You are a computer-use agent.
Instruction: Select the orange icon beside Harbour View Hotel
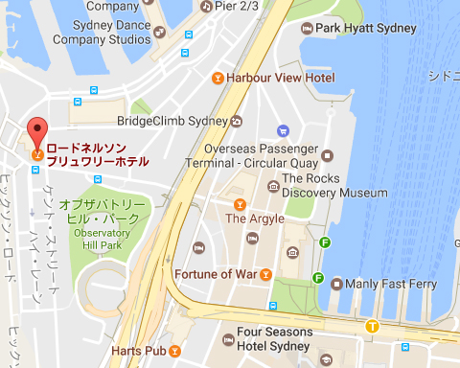pyautogui.click(x=218, y=77)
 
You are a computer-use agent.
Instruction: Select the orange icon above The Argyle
pyautogui.click(x=240, y=203)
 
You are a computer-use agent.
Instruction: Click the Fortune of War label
pyautogui.click(x=217, y=275)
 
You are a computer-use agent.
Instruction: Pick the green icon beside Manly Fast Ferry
pyautogui.click(x=317, y=279)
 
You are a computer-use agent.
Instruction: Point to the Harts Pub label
pyautogui.click(x=139, y=351)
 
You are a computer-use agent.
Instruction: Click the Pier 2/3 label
pyautogui.click(x=236, y=6)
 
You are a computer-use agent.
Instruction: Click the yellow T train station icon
pyautogui.click(x=371, y=327)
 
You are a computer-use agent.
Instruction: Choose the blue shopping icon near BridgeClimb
pyautogui.click(x=282, y=130)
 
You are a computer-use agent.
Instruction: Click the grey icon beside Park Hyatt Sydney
pyautogui.click(x=307, y=29)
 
